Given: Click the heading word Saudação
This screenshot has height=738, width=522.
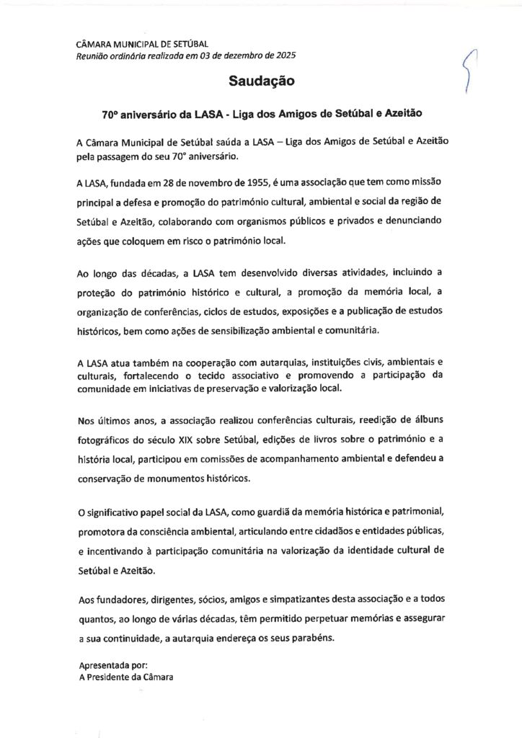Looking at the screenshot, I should tap(262, 81).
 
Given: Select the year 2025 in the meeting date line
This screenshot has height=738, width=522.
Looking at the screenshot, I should tap(283, 55).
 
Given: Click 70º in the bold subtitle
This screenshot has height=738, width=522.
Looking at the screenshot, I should tap(110, 114).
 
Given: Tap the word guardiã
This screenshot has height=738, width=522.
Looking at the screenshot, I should tap(306, 512).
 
